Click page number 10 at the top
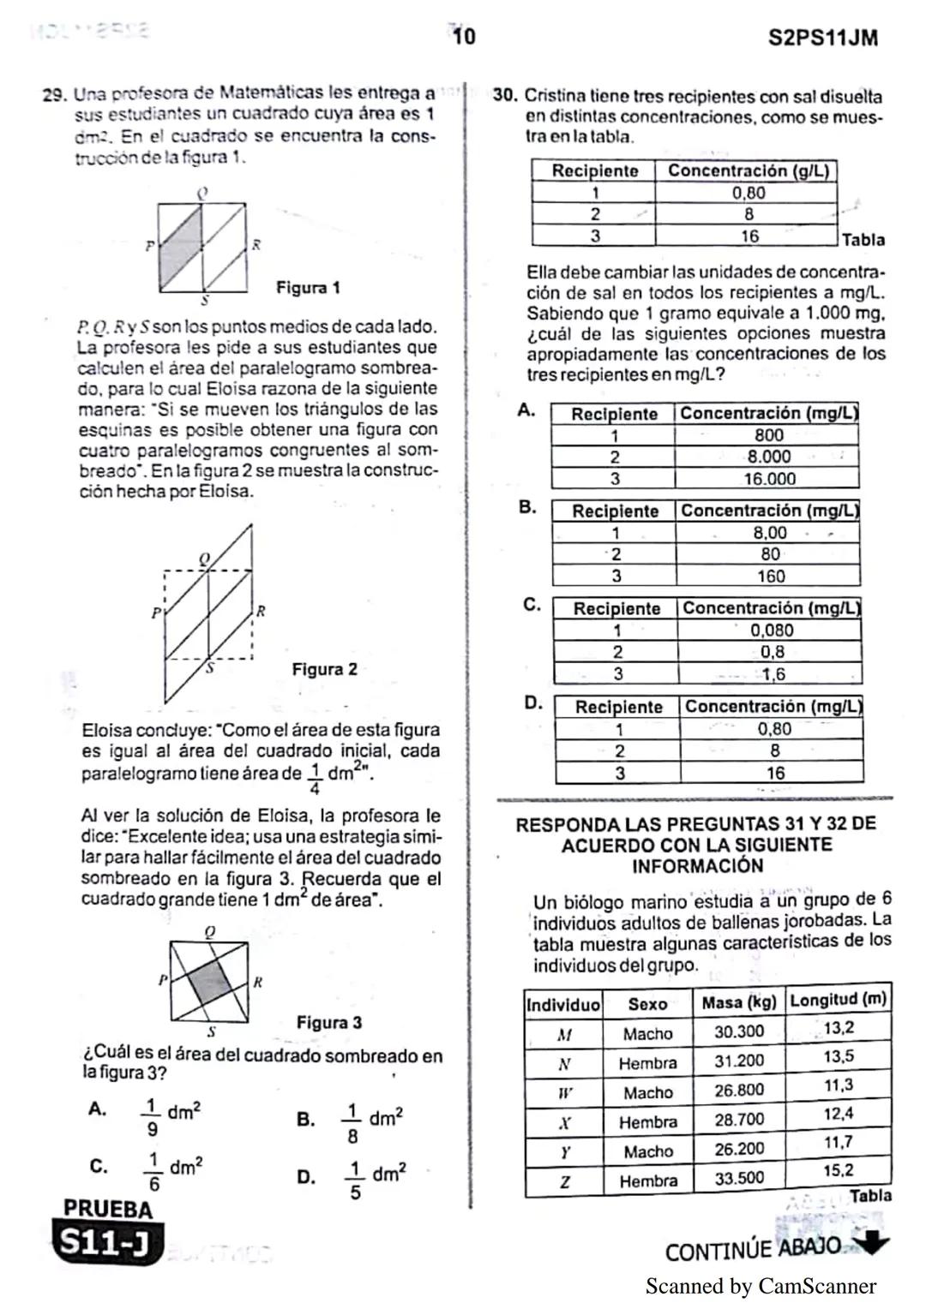(x=463, y=37)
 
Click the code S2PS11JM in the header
(x=822, y=39)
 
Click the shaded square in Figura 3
(x=210, y=983)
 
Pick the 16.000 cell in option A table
(x=769, y=479)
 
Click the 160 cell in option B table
(x=770, y=577)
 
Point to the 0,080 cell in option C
(x=772, y=630)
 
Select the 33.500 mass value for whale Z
(x=738, y=1178)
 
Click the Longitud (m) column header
(x=838, y=1000)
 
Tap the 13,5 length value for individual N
(x=838, y=1056)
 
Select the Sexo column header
(x=647, y=1004)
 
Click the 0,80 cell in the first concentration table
(x=748, y=193)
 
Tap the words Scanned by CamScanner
(x=761, y=1286)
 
